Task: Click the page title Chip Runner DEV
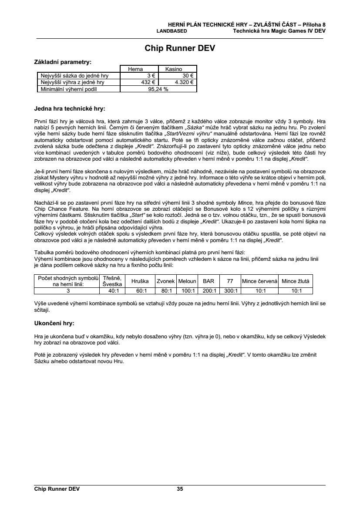point(180,48)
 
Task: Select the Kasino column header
point(177,69)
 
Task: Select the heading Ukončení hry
point(54,324)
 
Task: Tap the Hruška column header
point(140,281)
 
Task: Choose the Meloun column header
point(187,281)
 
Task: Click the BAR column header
point(209,281)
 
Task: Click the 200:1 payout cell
point(209,291)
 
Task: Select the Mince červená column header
point(259,281)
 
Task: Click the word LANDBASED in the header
point(172,31)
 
